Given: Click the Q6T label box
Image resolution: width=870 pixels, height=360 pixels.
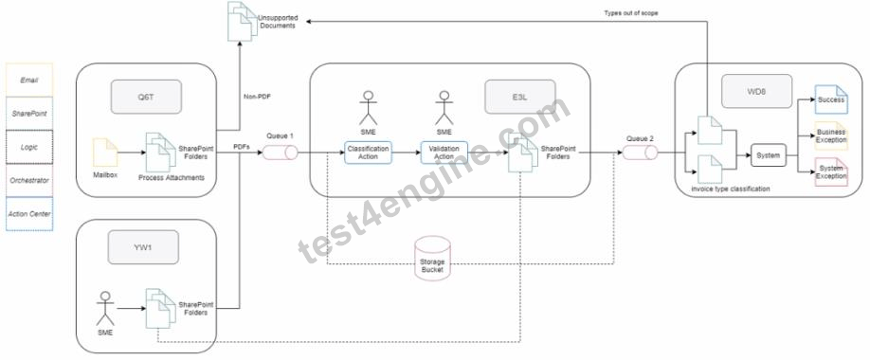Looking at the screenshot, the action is click(146, 97).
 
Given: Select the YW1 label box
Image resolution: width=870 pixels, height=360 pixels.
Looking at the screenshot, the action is click(143, 247).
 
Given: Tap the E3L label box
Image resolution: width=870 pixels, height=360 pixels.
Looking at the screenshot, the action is click(520, 97).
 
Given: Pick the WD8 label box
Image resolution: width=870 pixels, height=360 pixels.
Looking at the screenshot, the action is click(757, 91).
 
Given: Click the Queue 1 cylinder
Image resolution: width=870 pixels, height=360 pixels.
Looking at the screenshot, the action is click(281, 152).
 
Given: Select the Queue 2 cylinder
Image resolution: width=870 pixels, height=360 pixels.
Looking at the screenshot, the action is click(640, 152).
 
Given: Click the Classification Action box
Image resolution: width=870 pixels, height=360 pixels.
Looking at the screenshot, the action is click(368, 153).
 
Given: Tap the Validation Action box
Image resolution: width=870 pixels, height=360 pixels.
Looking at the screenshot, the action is click(444, 153).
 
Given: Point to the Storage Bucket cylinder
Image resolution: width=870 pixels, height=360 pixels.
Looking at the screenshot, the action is click(433, 257).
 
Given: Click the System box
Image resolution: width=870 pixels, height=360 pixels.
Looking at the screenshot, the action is click(769, 155).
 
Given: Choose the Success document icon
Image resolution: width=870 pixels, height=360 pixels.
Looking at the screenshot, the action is click(831, 99).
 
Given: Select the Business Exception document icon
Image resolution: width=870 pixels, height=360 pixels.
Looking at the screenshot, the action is click(831, 135).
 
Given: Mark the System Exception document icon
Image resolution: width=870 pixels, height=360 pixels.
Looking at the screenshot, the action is click(831, 172).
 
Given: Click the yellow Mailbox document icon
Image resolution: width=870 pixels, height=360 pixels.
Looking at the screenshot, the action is click(105, 153).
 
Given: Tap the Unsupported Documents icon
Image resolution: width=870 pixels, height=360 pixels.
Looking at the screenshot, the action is click(243, 21).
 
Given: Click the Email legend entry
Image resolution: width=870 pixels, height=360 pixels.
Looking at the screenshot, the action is click(29, 80).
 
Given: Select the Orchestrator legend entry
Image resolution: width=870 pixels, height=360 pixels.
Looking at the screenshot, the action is click(29, 180).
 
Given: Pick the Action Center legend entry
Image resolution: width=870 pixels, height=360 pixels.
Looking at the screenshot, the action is click(29, 213).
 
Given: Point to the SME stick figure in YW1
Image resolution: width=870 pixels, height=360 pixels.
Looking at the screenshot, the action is click(105, 309).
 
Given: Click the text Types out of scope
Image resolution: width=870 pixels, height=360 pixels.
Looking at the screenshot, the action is click(631, 12).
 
